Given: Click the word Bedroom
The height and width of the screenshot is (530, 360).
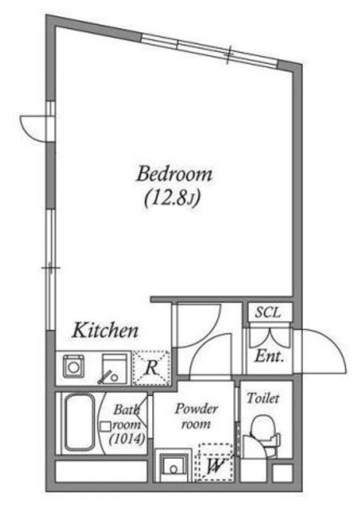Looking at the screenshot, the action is pyautogui.click(x=175, y=174).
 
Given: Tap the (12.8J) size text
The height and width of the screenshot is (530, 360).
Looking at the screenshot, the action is pyautogui.click(x=173, y=199).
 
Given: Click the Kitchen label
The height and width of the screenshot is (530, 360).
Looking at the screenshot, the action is pyautogui.click(x=105, y=330).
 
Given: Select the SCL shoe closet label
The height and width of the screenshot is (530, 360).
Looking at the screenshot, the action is pyautogui.click(x=268, y=313).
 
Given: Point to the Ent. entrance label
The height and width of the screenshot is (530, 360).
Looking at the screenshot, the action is pyautogui.click(x=269, y=356).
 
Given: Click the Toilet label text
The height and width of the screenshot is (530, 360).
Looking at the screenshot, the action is pyautogui.click(x=263, y=397).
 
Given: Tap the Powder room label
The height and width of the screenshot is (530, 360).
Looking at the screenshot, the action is pyautogui.click(x=196, y=417).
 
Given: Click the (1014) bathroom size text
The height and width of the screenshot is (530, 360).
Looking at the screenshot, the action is pyautogui.click(x=127, y=439).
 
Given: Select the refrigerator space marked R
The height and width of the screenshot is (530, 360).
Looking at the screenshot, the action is pyautogui.click(x=151, y=368).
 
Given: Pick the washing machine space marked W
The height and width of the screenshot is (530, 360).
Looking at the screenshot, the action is pyautogui.click(x=215, y=462).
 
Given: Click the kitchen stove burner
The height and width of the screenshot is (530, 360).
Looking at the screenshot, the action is pyautogui.click(x=73, y=366).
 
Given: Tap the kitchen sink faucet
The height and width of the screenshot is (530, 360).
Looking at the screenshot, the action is pyautogui.click(x=106, y=378).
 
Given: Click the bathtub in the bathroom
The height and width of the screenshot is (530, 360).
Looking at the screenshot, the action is pyautogui.click(x=79, y=423).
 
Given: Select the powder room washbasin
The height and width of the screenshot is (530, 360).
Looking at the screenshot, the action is pyautogui.click(x=173, y=465).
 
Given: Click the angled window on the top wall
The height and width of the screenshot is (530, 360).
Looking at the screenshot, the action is pyautogui.click(x=209, y=50).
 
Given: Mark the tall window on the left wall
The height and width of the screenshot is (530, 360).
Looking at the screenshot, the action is pyautogui.click(x=50, y=270).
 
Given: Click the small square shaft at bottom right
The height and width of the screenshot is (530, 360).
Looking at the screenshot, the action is pyautogui.click(x=282, y=473).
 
